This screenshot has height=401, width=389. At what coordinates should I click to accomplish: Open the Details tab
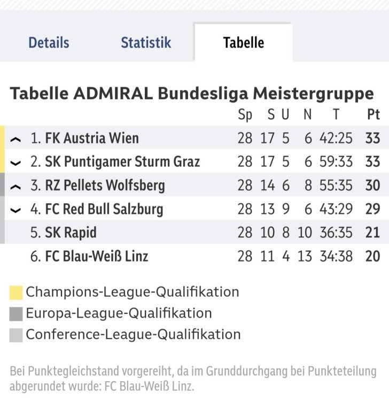point(49,43)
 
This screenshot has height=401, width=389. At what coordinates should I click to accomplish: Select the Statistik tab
point(146,43)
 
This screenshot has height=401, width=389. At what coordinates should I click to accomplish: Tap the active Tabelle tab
point(243,43)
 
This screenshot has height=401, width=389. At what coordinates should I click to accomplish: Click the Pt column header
point(373,114)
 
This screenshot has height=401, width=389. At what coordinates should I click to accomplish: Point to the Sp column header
point(245,114)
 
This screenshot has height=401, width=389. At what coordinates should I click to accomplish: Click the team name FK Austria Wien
point(91,138)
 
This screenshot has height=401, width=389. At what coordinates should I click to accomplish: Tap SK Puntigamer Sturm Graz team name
point(122,161)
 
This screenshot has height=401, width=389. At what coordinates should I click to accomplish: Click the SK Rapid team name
point(71,233)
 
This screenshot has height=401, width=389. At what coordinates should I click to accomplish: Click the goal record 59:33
point(336,161)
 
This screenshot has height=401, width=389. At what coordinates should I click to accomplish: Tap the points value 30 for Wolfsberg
point(372,186)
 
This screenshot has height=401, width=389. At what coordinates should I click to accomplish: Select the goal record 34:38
point(336,257)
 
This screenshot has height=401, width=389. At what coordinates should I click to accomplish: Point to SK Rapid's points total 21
point(372,233)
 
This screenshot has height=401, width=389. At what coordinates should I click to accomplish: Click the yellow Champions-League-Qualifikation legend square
point(16,292)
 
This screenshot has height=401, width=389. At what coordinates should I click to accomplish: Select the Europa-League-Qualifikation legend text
point(119,313)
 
